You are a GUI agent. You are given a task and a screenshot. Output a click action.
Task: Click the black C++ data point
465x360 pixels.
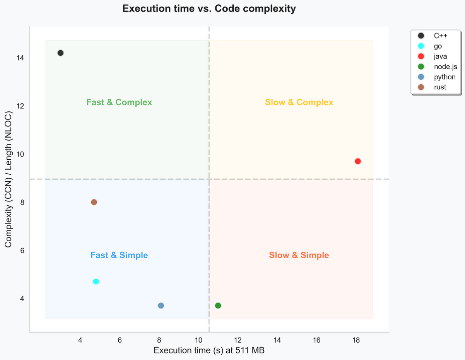click(60, 53)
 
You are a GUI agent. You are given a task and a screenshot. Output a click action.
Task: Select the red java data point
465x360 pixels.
click(358, 161)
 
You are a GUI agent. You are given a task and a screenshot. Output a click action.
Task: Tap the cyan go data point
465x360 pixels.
click(96, 282)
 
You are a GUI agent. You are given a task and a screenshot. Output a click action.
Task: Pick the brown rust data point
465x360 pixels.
click(94, 202)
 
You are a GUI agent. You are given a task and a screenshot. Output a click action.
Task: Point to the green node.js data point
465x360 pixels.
click(218, 305)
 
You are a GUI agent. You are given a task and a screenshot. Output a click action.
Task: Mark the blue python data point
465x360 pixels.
click(161, 305)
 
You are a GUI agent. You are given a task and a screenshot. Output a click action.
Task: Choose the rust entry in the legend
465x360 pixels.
click(440, 87)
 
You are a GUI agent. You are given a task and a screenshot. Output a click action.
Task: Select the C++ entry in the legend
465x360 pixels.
click(440, 36)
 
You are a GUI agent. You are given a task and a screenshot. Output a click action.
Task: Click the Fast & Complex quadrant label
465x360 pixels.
click(119, 102)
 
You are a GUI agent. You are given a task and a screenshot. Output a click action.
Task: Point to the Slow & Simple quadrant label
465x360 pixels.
click(299, 255)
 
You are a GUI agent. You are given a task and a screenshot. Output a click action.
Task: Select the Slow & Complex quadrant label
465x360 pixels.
click(299, 102)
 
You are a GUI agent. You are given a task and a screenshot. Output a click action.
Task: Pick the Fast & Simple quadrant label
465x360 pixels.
click(119, 255)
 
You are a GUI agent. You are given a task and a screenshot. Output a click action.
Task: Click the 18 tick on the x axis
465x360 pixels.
click(356, 340)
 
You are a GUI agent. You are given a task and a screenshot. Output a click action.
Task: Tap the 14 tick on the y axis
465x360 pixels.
click(20, 58)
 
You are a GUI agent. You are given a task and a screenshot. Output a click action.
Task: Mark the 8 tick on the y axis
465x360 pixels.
click(21, 202)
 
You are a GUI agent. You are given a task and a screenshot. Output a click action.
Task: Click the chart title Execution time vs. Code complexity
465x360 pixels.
click(209, 9)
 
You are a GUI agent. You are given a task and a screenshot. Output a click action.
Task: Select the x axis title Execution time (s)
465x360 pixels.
click(209, 350)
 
